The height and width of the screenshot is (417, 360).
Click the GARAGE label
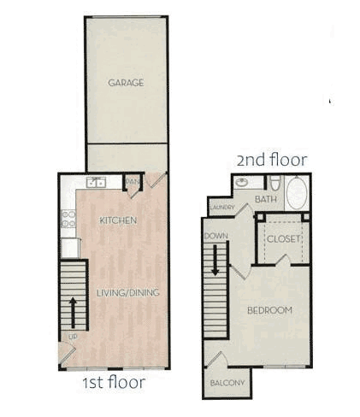pyautogui.click(x=126, y=83)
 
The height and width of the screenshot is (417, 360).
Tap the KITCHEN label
pyautogui.click(x=118, y=220)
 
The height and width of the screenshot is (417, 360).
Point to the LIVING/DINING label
pyautogui.click(x=127, y=292)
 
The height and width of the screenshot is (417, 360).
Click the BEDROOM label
pyautogui.click(x=269, y=310)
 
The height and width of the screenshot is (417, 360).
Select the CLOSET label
pyautogui.click(x=284, y=238)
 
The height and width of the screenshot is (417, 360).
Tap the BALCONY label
pyautogui.click(x=227, y=383)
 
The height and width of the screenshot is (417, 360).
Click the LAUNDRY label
pyautogui.click(x=222, y=207)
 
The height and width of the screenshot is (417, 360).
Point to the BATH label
pyautogui.click(x=266, y=199)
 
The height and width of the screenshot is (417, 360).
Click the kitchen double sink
pyautogui.click(x=97, y=182)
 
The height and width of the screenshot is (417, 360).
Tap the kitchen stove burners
pyautogui.click(x=68, y=219)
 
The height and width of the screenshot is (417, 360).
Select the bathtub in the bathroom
pyautogui.click(x=297, y=193)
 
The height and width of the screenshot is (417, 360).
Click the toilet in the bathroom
pyautogui.click(x=275, y=183)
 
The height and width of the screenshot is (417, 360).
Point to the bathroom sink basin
pyautogui.click(x=242, y=183)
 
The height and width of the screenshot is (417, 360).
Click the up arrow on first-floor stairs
pyautogui.click(x=74, y=313)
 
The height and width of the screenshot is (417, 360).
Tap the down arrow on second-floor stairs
pyautogui.click(x=215, y=261)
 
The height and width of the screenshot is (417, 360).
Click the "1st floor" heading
pyautogui.click(x=114, y=382)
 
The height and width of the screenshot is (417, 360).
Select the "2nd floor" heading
pyautogui.click(x=272, y=160)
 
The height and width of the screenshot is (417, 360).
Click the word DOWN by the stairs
pyautogui.click(x=216, y=236)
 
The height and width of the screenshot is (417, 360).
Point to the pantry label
pyautogui.click(x=132, y=181)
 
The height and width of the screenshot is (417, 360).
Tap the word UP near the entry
pyautogui.click(x=73, y=337)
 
